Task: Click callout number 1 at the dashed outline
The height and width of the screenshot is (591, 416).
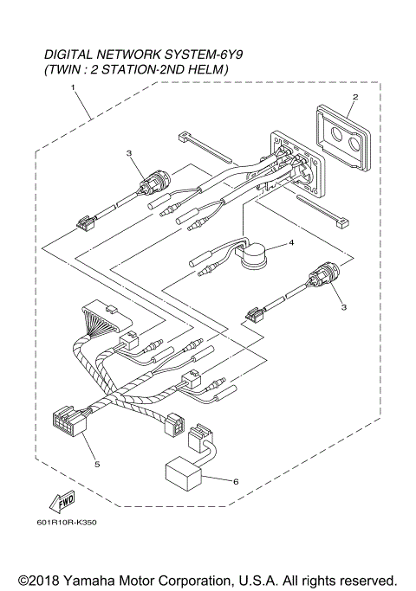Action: pyautogui.click(x=74, y=88)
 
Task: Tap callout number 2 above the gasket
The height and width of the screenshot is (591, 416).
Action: pyautogui.click(x=355, y=97)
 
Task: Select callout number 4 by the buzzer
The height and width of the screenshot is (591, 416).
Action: pyautogui.click(x=292, y=243)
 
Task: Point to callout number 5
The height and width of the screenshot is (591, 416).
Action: pyautogui.click(x=97, y=464)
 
